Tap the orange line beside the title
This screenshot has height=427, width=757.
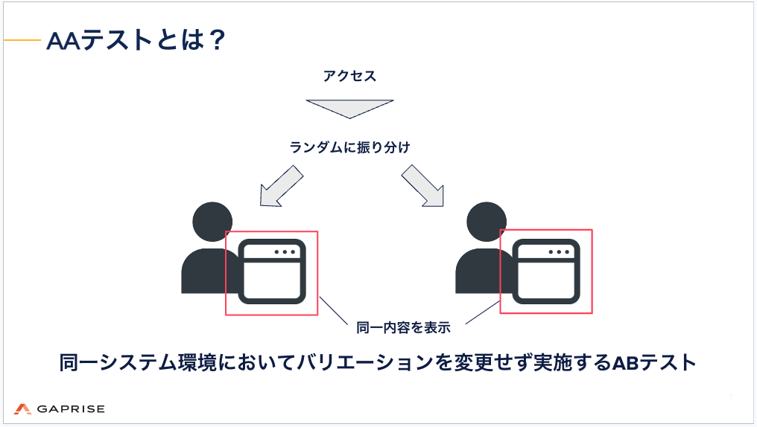22,40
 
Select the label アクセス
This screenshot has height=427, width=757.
349,76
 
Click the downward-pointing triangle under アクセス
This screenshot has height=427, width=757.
349,108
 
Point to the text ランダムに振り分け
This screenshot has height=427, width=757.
349,147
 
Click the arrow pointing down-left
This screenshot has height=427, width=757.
281,185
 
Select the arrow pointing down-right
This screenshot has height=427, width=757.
422,185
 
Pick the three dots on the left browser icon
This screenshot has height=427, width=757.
285,252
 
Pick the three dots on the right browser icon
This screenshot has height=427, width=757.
559,251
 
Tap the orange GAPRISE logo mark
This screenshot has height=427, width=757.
22,408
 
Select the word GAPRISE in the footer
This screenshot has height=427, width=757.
71,408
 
